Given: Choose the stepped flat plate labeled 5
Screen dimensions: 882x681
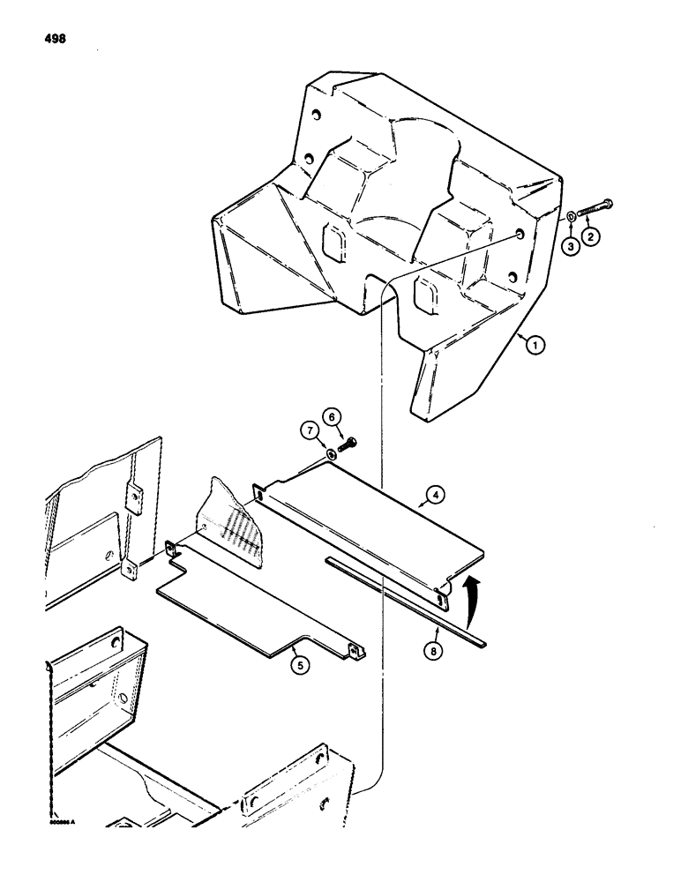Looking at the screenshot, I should pyautogui.click(x=247, y=609).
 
